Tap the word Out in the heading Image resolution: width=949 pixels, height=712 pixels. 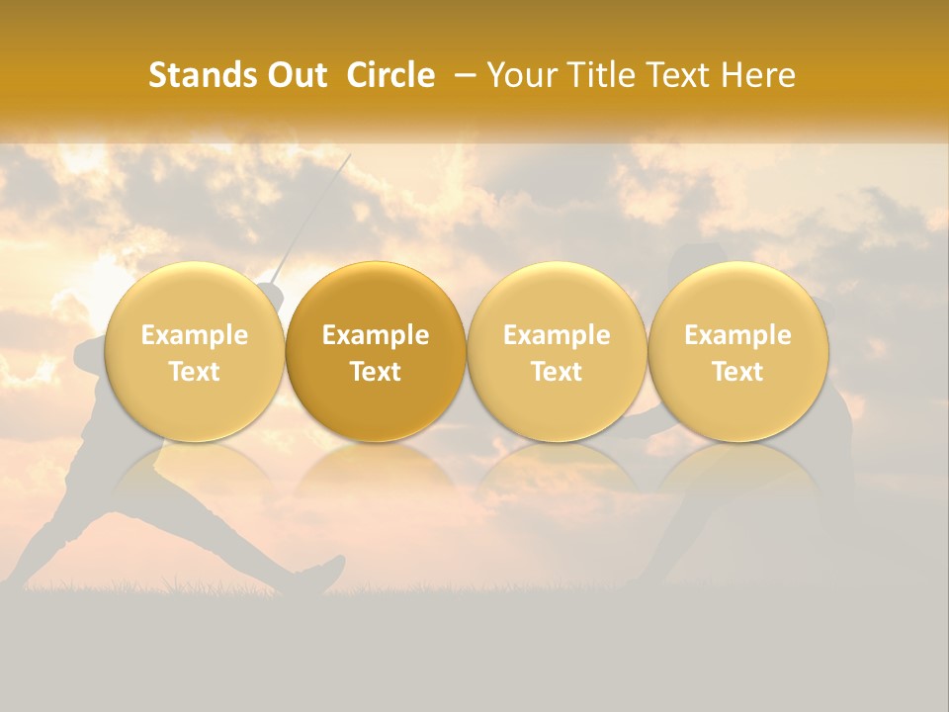(x=295, y=75)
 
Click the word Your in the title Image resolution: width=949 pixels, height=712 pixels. (x=519, y=75)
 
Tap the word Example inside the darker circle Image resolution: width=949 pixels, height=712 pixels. (x=376, y=335)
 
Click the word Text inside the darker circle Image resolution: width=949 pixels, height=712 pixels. (x=376, y=372)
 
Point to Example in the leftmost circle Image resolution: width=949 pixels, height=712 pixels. (x=194, y=335)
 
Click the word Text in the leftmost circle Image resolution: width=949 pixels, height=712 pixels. (x=194, y=372)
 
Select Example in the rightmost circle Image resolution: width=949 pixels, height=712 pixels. (x=738, y=335)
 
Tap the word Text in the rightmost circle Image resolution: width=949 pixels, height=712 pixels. (x=738, y=372)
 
